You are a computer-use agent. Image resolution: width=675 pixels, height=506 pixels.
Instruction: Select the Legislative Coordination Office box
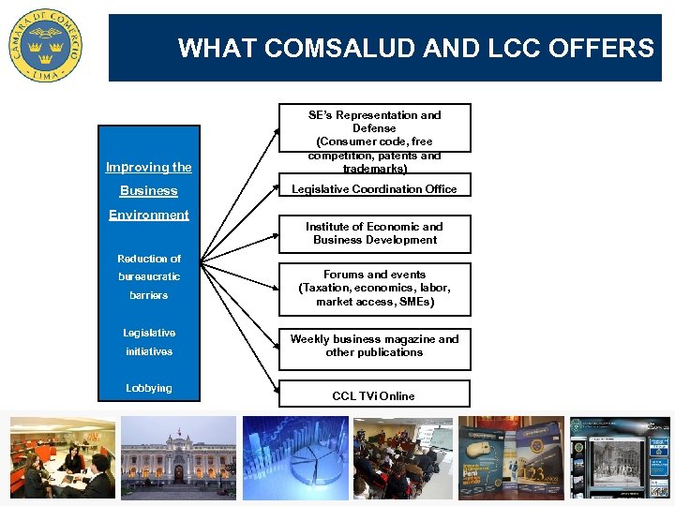pyautogui.click(x=374, y=189)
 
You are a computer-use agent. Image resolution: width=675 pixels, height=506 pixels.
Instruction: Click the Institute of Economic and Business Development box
pyautogui.click(x=374, y=233)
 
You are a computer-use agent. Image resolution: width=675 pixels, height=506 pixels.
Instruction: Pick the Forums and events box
pyautogui.click(x=374, y=289)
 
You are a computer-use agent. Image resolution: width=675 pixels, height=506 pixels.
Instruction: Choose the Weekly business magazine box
pyautogui.click(x=374, y=346)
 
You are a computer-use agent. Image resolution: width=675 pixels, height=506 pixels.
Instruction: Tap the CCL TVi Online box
pyautogui.click(x=373, y=395)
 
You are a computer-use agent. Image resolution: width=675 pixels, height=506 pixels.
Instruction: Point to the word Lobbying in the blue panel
pyautogui.click(x=149, y=388)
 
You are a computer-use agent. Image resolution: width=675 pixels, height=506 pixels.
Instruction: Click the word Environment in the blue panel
pyautogui.click(x=149, y=215)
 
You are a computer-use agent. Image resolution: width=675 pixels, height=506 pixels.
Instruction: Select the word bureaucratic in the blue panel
pyautogui.click(x=149, y=277)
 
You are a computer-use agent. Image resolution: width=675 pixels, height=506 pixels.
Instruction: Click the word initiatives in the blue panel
pyautogui.click(x=149, y=351)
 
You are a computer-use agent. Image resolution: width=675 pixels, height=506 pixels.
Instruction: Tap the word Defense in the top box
pyautogui.click(x=374, y=128)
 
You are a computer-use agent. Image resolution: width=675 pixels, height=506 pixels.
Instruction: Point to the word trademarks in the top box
pyautogui.click(x=374, y=169)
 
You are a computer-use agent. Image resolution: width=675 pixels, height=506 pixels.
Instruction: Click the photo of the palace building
pyautogui.click(x=178, y=457)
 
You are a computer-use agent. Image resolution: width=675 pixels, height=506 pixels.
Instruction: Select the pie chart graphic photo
pyautogui.click(x=295, y=457)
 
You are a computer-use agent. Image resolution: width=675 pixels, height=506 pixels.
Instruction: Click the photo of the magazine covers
pyautogui.click(x=511, y=457)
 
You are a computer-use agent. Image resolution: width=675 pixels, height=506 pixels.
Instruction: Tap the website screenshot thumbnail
pyautogui.click(x=620, y=457)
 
